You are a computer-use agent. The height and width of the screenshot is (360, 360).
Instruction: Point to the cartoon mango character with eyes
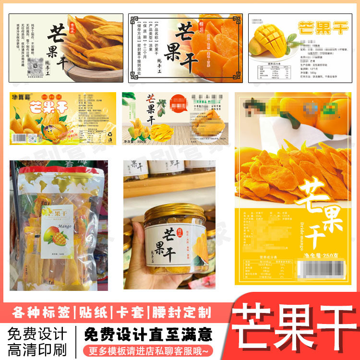[50, 129]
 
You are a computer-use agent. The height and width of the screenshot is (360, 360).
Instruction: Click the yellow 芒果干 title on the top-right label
[323, 27]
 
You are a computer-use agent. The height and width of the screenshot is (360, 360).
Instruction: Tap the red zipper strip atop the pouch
[58, 169]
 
